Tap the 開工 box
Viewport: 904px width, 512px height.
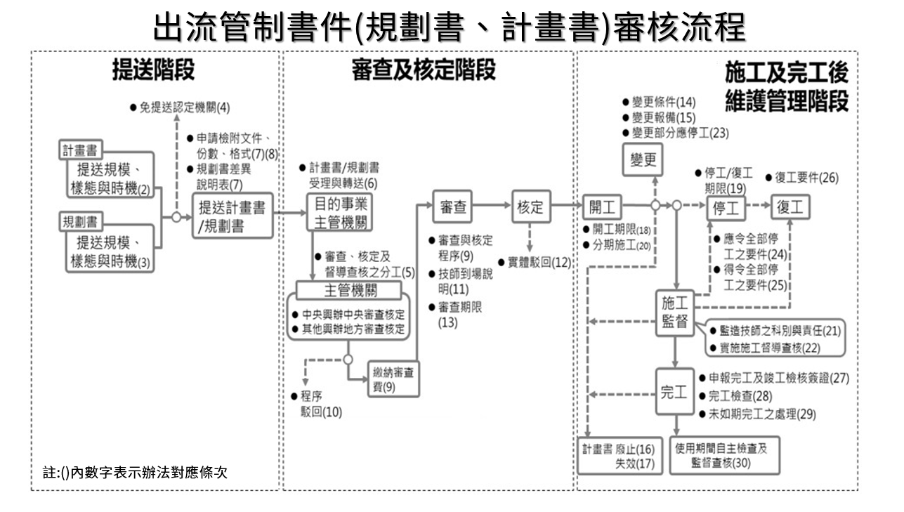pos(602,207)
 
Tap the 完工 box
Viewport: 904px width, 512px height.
pos(674,393)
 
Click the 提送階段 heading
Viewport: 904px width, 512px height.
pos(154,70)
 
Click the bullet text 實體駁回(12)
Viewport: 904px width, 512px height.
pos(535,263)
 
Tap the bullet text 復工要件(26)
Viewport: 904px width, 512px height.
pos(802,177)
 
